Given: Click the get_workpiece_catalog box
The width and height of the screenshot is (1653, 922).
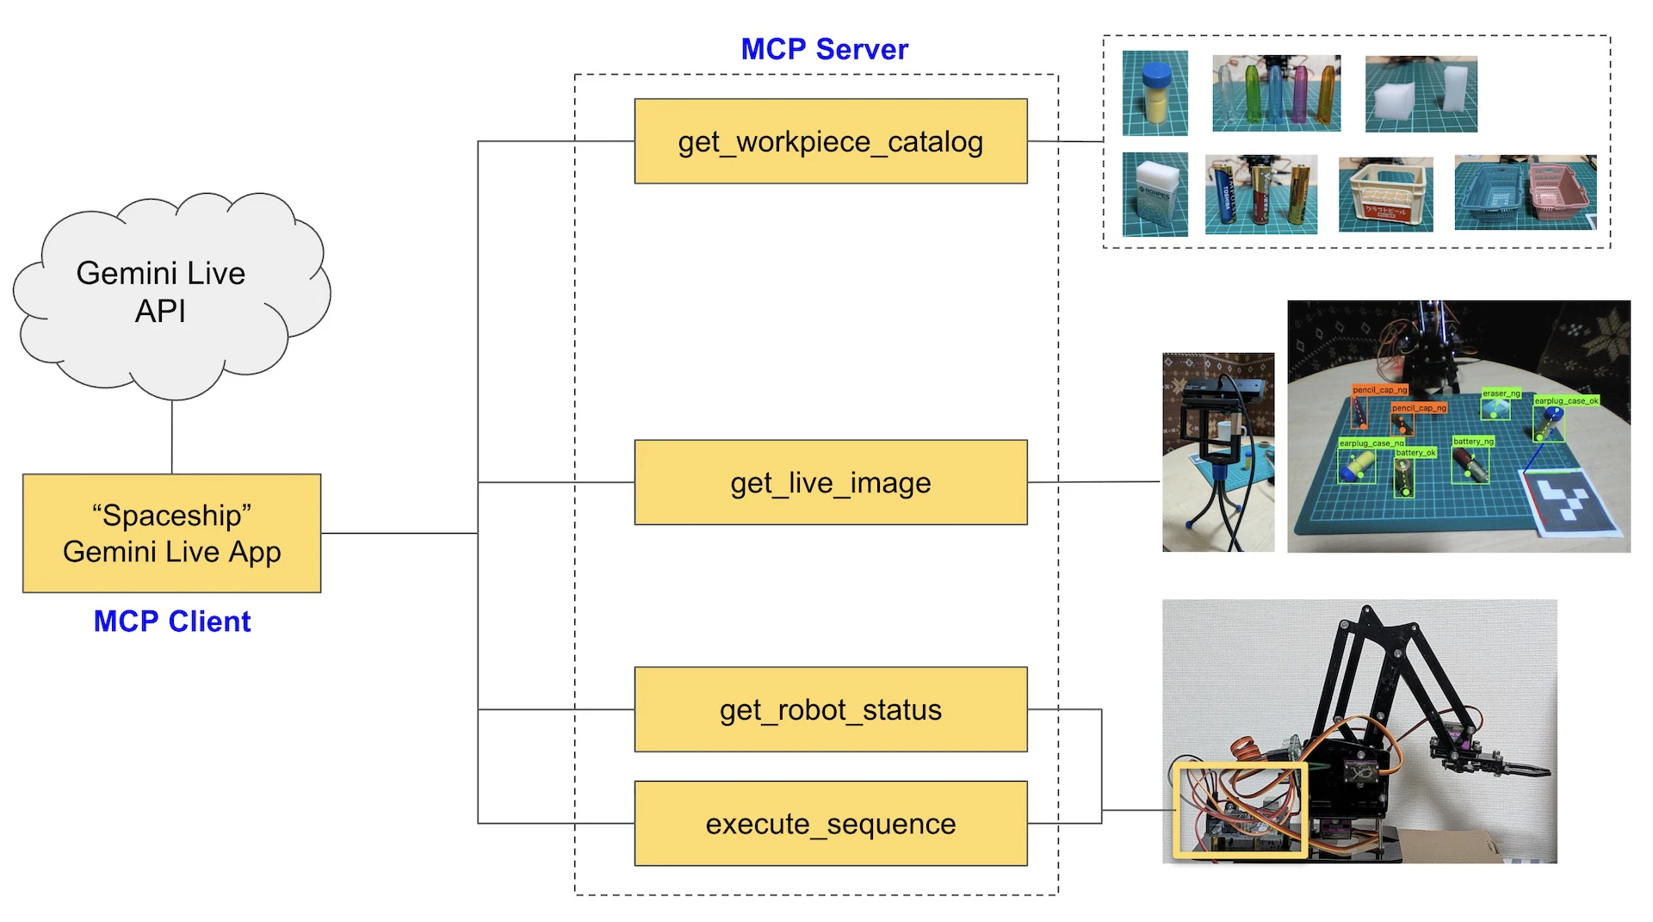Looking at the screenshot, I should coord(830,141).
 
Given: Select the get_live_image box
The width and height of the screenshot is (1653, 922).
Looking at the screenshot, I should coord(830,482).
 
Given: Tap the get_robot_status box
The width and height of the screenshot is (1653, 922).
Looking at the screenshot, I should coord(830,709).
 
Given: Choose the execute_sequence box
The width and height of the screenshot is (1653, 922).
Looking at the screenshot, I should coord(830,823).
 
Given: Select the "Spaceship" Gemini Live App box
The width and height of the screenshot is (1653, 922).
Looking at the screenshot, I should coord(171,533).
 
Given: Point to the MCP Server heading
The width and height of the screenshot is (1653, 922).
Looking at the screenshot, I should coord(824,49).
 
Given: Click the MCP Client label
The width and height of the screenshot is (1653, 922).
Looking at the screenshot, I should coord(171,621).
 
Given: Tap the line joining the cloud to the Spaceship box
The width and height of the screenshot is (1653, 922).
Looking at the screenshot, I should coord(172,437).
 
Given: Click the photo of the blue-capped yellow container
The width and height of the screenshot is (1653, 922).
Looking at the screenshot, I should coord(1155,93).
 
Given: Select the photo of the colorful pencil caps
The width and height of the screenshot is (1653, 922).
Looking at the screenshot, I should coord(1276,93).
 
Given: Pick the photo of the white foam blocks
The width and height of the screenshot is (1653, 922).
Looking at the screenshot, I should coord(1421,94).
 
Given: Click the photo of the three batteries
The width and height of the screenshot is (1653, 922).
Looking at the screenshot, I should coord(1260,195).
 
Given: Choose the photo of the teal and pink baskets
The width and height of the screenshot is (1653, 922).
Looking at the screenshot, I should coord(1525,192).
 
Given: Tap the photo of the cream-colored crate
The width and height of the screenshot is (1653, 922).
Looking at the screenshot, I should coord(1385,195).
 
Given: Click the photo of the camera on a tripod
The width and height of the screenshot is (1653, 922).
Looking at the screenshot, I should coord(1217,452).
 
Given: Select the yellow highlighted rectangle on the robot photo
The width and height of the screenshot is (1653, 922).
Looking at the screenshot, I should coord(1240,809).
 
